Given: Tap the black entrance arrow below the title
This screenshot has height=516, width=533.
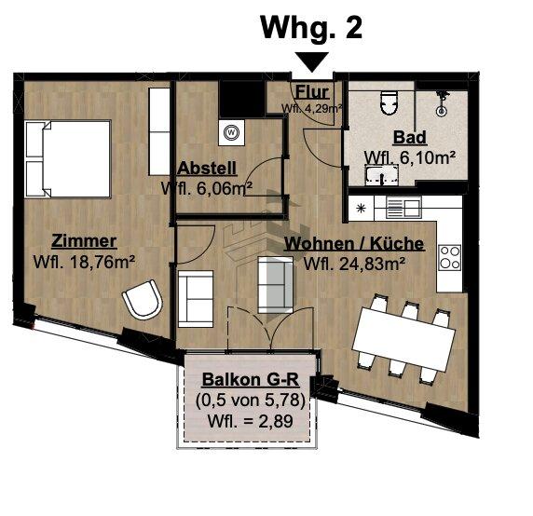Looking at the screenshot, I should coord(311,62).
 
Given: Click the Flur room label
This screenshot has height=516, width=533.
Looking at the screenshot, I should coord(310,92).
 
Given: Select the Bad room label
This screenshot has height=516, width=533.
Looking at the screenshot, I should coord(409,138).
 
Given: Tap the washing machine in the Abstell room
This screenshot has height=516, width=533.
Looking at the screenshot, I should coord(229,132).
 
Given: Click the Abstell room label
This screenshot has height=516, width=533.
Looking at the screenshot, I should coord(206,169).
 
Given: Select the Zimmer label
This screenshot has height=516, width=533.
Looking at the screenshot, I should coord(84,240).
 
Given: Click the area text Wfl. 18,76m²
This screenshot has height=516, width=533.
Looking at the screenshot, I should coord(84,261).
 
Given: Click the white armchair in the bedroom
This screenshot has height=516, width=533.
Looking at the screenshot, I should coord(143,303).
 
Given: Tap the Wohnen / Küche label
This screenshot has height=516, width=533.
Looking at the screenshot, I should coord(354,244).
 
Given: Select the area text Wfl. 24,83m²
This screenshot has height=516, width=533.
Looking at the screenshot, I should coord(354,264).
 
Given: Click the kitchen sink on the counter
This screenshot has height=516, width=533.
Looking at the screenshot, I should coord(403,207).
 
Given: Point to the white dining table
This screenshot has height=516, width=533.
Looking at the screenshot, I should coord(402,336).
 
